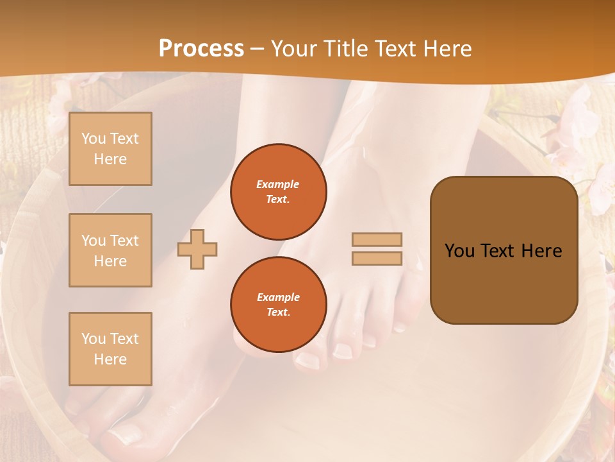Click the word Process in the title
click(201, 49)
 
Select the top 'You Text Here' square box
click(110, 149)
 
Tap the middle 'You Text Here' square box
click(110, 250)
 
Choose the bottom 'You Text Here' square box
click(110, 348)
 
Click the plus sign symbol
click(197, 249)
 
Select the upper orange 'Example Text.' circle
click(278, 191)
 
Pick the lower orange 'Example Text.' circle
click(278, 304)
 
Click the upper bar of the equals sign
click(377, 239)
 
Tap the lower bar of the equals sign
click(377, 258)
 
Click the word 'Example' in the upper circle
click(278, 184)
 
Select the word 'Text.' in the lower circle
click(278, 312)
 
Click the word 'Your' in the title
click(293, 49)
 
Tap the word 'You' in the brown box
click(460, 251)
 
